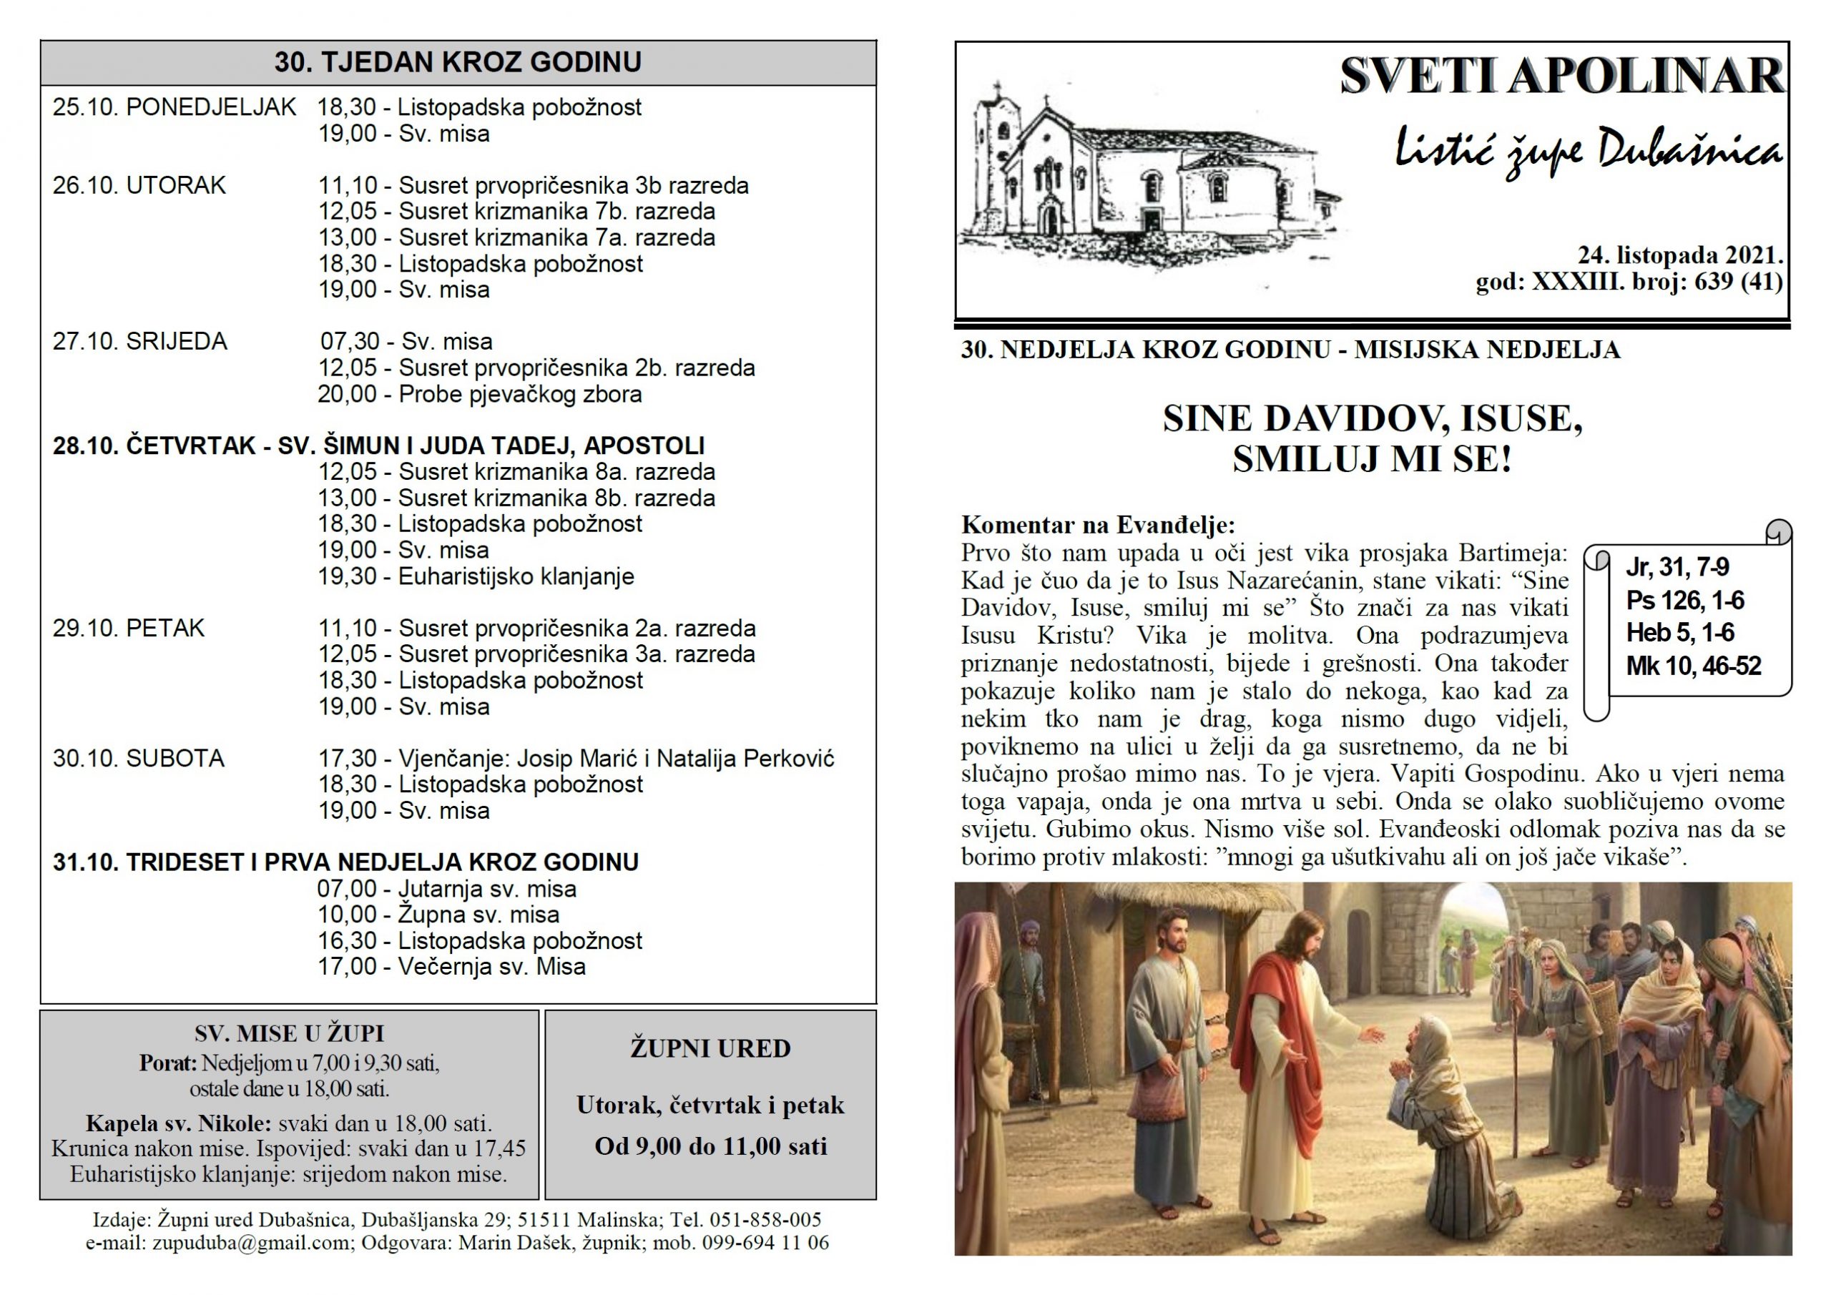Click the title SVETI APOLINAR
click(1561, 77)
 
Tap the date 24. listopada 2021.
click(1679, 255)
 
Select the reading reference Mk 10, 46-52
click(1693, 666)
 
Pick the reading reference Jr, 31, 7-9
click(1677, 567)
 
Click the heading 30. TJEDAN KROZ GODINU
click(458, 62)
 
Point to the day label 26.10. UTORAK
click(139, 186)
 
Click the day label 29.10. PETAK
click(129, 629)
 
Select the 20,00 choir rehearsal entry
click(479, 395)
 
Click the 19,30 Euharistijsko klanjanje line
click(476, 576)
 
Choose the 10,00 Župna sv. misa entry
click(438, 915)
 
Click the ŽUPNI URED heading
click(710, 1048)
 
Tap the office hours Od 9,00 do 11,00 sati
click(710, 1147)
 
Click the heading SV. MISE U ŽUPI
click(289, 1034)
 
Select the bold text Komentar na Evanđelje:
click(1098, 525)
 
